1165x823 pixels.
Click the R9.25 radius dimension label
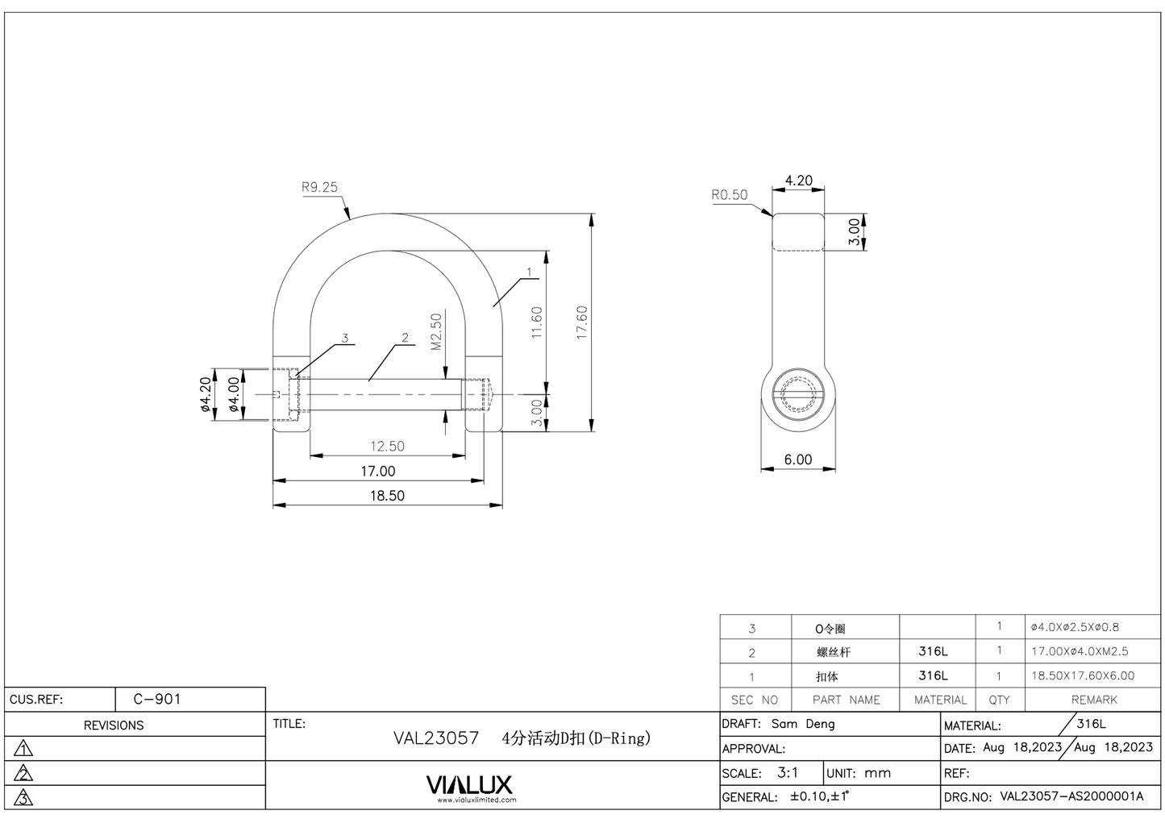(319, 187)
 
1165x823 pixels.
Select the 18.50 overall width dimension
(387, 496)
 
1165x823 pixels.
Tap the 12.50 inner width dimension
(387, 447)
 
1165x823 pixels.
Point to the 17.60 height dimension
(582, 322)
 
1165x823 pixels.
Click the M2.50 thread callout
(436, 332)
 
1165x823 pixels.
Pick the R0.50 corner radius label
(729, 194)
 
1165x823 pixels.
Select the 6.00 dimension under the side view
(798, 459)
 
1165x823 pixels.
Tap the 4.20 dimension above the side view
(798, 181)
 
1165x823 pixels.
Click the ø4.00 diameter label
(234, 395)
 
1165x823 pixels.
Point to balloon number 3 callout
(345, 339)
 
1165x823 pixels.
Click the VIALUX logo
(469, 785)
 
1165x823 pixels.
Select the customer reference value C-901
(157, 699)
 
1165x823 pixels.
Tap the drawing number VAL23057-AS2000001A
(1071, 796)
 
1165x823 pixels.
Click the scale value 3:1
(788, 772)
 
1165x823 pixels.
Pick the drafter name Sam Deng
(803, 724)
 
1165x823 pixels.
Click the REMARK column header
(1094, 700)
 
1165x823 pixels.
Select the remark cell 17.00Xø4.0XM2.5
(1080, 651)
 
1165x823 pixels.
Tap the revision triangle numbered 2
(24, 774)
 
